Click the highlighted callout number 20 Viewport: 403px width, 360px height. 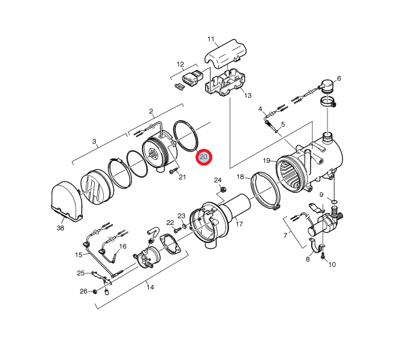[x=203, y=157]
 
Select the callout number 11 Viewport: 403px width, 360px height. [x=211, y=40]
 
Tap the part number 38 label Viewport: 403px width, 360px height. [x=60, y=228]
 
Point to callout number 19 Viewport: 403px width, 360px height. [x=266, y=160]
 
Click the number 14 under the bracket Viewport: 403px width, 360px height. [x=150, y=287]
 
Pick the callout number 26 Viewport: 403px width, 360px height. [x=83, y=292]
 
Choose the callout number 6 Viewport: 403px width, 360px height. [x=339, y=79]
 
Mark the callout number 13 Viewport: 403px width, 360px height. [x=248, y=95]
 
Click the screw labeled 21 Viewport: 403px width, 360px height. [x=172, y=172]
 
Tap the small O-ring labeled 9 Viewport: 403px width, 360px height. [x=333, y=202]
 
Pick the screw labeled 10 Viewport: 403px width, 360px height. [x=323, y=257]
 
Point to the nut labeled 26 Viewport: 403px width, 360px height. [x=95, y=292]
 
